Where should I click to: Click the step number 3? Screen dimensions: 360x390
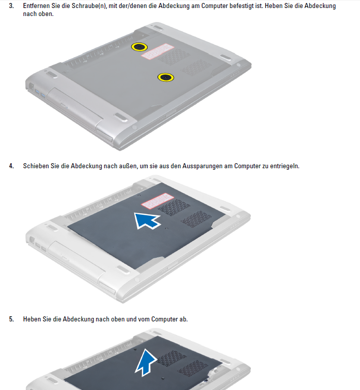[12, 6]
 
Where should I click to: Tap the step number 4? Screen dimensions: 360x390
[12, 166]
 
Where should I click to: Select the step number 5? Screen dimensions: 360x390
[12, 319]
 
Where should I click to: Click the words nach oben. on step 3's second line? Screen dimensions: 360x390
[39, 14]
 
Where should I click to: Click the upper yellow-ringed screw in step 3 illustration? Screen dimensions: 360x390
[139, 47]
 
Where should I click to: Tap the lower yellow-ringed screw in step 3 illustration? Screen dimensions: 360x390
[166, 78]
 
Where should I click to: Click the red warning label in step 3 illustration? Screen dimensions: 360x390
[158, 52]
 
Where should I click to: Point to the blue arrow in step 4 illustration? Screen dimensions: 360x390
[147, 220]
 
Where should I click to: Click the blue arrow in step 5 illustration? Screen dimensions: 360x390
[146, 362]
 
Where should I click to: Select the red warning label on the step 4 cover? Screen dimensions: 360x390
[158, 201]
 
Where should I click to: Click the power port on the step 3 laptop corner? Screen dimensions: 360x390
[32, 87]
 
